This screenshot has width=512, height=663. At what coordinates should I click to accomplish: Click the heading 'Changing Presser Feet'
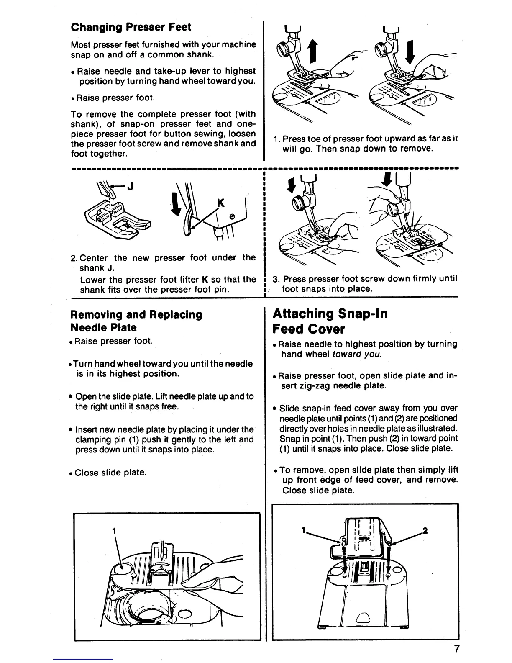pyautogui.click(x=131, y=28)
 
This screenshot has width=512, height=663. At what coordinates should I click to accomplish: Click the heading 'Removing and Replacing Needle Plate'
pyautogui.click(x=136, y=321)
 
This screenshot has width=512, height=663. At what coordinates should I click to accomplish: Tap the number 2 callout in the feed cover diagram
pyautogui.click(x=425, y=531)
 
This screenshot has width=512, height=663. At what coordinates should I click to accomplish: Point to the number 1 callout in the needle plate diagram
pyautogui.click(x=113, y=530)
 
